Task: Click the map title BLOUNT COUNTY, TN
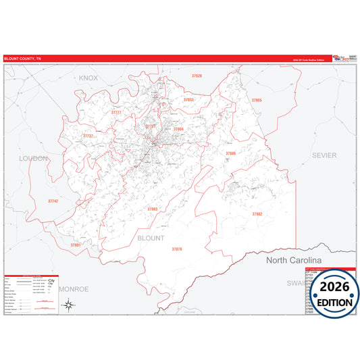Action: (22, 58)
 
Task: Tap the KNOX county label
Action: (88, 78)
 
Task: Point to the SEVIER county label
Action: (324, 155)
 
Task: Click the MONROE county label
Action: (73, 288)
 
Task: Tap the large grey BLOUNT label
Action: (151, 238)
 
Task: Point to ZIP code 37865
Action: (256, 100)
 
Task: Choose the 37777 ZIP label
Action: (116, 112)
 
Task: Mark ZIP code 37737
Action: (88, 136)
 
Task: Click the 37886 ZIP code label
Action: (231, 153)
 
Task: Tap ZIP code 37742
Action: (53, 201)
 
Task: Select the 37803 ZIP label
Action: (153, 209)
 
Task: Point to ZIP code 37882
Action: (257, 213)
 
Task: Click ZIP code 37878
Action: (177, 249)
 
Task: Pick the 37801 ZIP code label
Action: (76, 245)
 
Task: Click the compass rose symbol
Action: (69, 305)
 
